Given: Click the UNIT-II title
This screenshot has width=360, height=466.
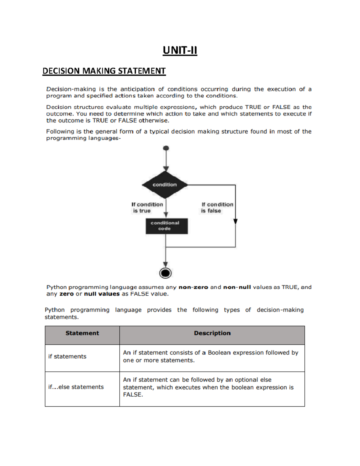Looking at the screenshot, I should coord(180,50).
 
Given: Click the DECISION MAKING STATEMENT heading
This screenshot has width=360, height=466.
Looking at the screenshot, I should coord(104,71).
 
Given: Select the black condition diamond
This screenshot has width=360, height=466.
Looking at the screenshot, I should coord(165,185).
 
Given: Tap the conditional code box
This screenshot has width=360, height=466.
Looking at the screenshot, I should coord(166,226).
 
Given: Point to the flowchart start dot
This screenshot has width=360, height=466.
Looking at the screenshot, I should coord(166,148).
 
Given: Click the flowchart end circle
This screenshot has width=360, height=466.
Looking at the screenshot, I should coord(165,273).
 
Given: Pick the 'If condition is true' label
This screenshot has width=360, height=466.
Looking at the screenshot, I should coord(147,207).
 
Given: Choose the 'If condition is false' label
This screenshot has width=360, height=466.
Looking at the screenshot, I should coord(217,207).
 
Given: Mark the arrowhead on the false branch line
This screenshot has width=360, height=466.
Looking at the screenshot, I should coord(235,221).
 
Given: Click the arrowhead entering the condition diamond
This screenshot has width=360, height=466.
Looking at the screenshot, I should coord(166,169).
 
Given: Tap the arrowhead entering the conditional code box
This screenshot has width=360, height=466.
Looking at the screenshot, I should coord(166,215).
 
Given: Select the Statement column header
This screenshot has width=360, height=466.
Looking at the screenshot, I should coord(82,333).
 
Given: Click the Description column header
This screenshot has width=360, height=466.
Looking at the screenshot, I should coord(212,333).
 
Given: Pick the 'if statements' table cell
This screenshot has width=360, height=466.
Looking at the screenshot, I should coord(67,356).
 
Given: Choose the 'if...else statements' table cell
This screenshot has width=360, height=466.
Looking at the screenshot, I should coord(76,387).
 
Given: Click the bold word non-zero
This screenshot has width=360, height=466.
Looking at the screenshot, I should coord(193,287).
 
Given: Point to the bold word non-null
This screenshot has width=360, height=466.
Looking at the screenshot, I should coord(237,287).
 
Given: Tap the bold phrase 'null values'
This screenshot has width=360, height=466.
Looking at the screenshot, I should coord(102,294).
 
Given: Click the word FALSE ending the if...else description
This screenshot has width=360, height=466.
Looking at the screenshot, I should coord(133,395).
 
